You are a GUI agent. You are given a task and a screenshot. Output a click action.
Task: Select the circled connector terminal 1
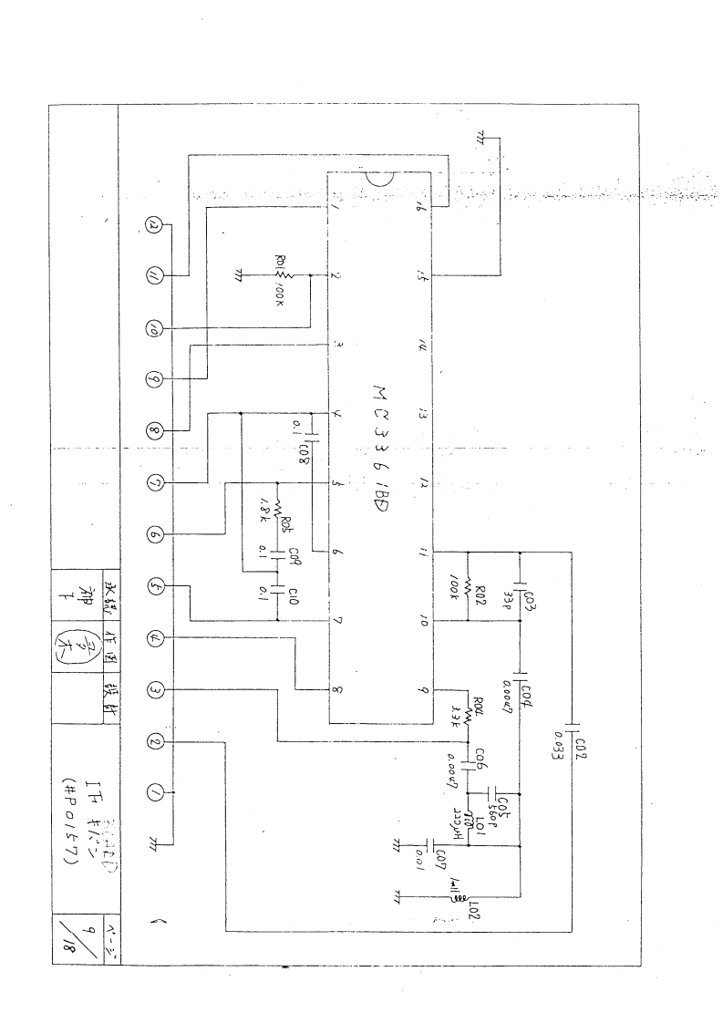[x=155, y=794]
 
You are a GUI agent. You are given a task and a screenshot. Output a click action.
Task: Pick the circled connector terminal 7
[x=155, y=481]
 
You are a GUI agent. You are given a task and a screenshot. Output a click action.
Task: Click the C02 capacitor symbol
[x=572, y=729]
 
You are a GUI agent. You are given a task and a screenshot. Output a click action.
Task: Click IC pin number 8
[x=337, y=691]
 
